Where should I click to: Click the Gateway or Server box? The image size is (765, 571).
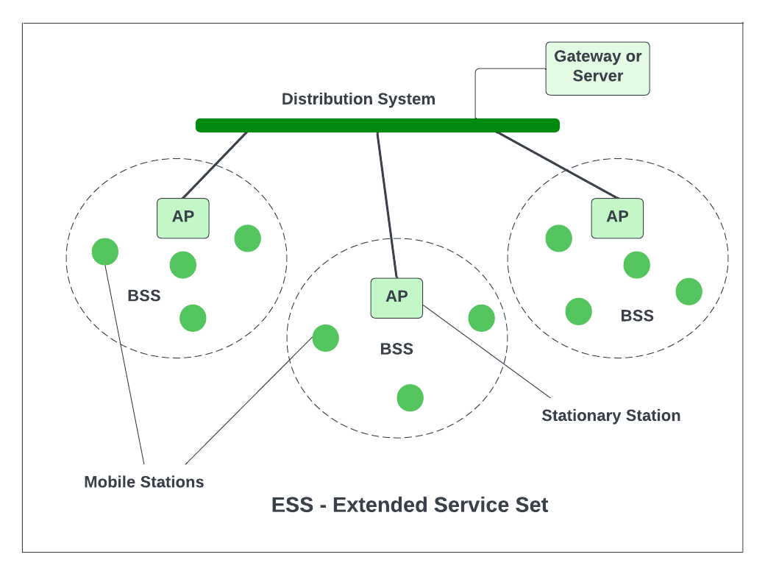(x=597, y=68)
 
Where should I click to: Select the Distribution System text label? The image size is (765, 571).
(x=358, y=99)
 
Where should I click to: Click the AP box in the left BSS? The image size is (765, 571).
(x=183, y=218)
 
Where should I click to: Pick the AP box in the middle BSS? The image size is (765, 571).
(x=396, y=297)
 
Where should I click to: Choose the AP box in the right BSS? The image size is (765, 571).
(x=617, y=218)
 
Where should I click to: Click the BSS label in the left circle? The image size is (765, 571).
(x=143, y=296)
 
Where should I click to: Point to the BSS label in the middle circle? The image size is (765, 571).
(x=396, y=349)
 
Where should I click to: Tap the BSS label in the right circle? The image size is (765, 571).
(x=637, y=316)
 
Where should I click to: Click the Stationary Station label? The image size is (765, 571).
(x=611, y=416)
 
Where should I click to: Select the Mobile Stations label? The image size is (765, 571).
(x=143, y=483)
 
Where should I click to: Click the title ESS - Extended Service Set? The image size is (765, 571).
(x=410, y=506)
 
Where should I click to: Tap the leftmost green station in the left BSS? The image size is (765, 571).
(x=105, y=252)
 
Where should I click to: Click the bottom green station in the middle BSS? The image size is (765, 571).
(x=410, y=397)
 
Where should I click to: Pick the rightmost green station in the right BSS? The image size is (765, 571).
(x=689, y=291)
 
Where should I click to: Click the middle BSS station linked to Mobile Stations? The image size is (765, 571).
(x=326, y=338)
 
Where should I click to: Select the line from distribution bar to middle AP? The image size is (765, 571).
(x=387, y=205)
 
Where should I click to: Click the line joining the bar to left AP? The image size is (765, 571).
(x=215, y=166)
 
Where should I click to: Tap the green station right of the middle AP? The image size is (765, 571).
(x=482, y=318)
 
